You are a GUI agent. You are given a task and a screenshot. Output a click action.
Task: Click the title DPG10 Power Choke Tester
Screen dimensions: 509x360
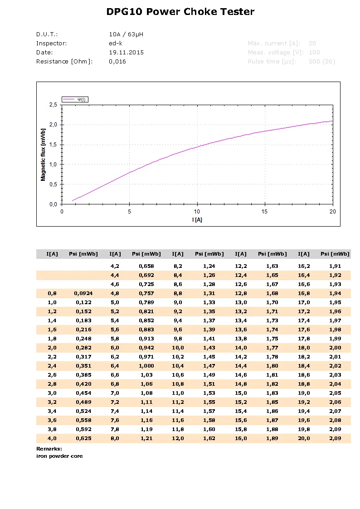pyautogui.click(x=180, y=12)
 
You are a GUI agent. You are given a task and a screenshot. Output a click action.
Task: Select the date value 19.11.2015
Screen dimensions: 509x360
pyautogui.click(x=126, y=53)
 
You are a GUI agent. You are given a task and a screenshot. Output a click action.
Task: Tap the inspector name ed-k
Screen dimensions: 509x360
pyautogui.click(x=116, y=44)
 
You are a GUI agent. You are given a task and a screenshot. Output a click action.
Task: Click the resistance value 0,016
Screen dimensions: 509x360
pyautogui.click(x=117, y=62)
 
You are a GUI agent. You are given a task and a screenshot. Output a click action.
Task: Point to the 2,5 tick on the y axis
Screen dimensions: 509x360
pyautogui.click(x=53, y=105)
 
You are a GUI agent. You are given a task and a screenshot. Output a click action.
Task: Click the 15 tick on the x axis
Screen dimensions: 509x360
pyautogui.click(x=264, y=212)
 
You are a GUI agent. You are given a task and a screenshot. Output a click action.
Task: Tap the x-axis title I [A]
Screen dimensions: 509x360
pyautogui.click(x=197, y=219)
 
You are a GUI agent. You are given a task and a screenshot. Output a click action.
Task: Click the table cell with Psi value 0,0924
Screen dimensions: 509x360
pyautogui.click(x=83, y=293)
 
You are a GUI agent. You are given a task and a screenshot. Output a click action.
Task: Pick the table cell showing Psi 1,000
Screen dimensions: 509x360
pyautogui.click(x=146, y=366)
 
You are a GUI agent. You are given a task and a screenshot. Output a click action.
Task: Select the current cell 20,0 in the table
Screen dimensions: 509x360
pyautogui.click(x=304, y=438)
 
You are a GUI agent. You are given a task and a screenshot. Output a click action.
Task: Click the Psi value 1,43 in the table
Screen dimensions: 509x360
pyautogui.click(x=209, y=348)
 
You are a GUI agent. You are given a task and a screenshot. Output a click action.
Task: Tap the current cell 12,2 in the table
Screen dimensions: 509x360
pyautogui.click(x=241, y=266)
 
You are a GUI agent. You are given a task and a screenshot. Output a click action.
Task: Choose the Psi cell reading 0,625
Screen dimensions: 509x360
pyautogui.click(x=83, y=438)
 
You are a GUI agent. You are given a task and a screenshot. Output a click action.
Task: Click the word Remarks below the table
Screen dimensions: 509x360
pyautogui.click(x=49, y=448)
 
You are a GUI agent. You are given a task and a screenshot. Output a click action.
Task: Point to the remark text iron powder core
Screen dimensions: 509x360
pyautogui.click(x=59, y=456)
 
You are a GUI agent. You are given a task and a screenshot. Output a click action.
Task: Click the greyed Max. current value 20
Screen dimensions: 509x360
pyautogui.click(x=312, y=44)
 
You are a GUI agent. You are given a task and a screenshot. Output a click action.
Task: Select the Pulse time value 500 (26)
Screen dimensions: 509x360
pyautogui.click(x=321, y=62)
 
